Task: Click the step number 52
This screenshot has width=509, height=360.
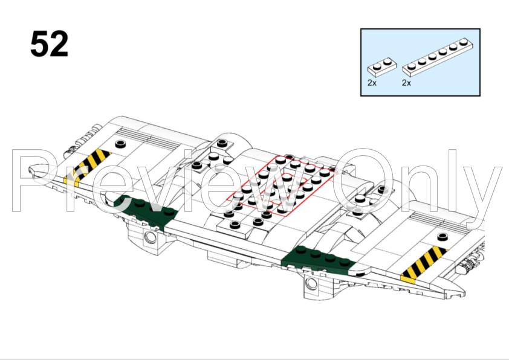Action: click(50, 44)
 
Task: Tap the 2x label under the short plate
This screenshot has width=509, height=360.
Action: click(372, 83)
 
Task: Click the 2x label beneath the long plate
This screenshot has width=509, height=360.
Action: click(407, 83)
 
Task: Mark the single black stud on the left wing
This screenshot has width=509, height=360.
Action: click(120, 144)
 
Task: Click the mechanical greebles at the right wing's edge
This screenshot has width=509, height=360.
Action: click(471, 264)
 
